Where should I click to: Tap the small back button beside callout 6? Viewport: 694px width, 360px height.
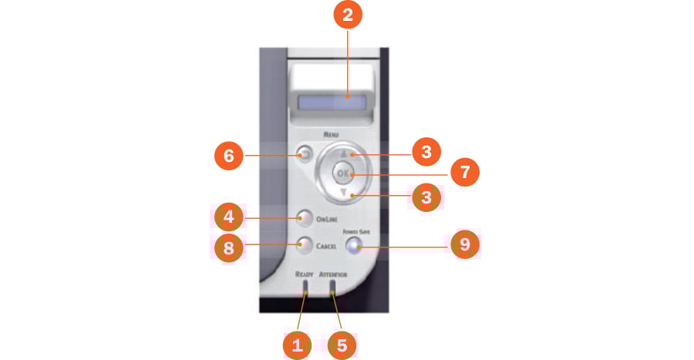point(302,154)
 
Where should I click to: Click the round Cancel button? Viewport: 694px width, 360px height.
point(303,246)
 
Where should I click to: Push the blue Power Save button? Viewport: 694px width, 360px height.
point(354,247)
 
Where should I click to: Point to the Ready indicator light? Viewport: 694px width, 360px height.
point(305,289)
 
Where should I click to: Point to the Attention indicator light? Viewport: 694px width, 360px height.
point(333,289)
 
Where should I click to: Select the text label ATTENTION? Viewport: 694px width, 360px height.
point(334,274)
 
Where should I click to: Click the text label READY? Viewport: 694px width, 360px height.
point(303,274)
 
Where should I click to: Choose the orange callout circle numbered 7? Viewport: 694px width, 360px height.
point(465,173)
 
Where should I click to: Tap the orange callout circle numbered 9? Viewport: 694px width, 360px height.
point(465,246)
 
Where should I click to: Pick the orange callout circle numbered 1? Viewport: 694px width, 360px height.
point(297,344)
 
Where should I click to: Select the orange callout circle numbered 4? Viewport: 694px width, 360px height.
point(229,218)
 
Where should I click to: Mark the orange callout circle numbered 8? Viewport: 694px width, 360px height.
point(229,247)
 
